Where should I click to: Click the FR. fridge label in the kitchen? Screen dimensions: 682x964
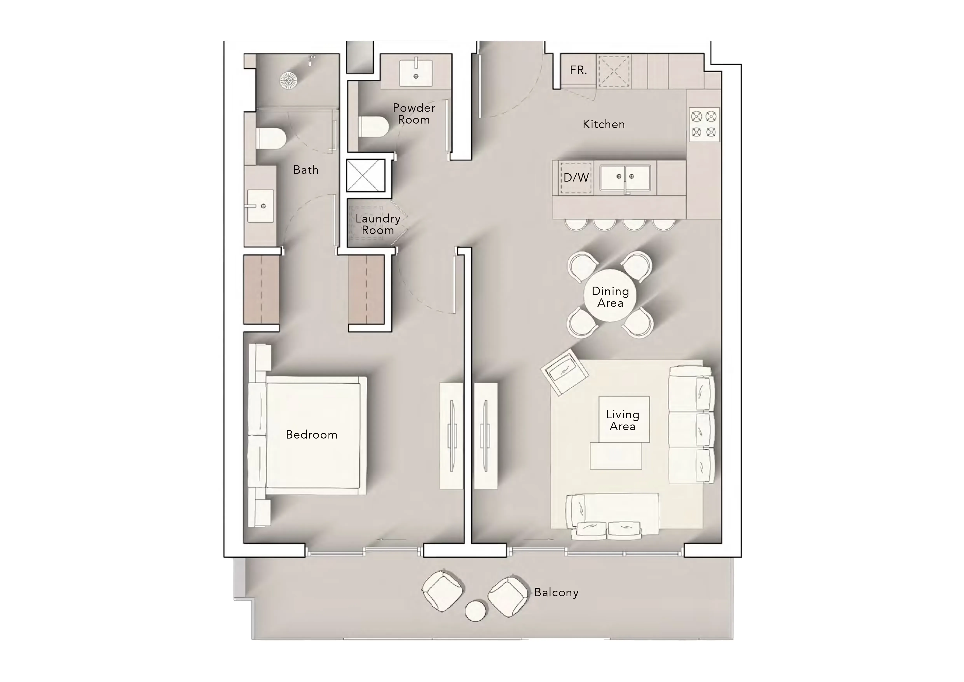pos(578,70)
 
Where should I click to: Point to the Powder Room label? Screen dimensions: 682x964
pos(414,114)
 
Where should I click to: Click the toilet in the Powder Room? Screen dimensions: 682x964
pos(374,126)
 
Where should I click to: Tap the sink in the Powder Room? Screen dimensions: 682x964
pos(416,73)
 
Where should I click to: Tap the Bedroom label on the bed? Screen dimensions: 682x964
pos(311,435)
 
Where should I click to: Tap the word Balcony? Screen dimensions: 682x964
pos(556,593)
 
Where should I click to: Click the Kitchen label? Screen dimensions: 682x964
pos(604,124)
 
